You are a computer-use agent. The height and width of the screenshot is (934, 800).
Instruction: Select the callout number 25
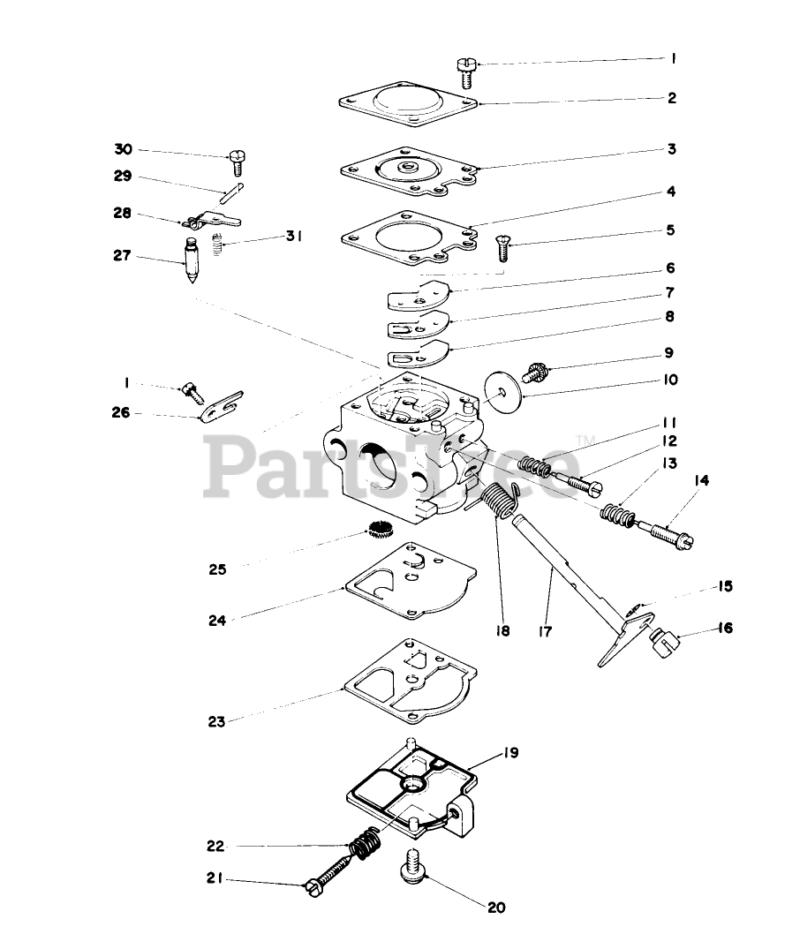217,569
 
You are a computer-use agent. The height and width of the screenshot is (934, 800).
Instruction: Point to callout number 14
701,480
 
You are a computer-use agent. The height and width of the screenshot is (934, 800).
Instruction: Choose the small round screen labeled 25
380,532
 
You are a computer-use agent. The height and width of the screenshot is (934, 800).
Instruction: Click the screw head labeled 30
235,160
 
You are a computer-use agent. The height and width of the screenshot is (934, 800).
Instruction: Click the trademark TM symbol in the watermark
585,440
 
